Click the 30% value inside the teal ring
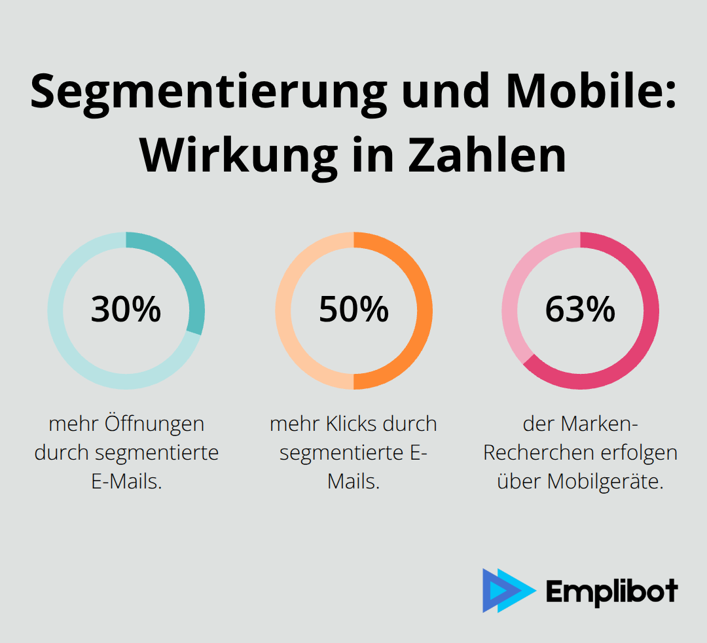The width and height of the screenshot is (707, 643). [126, 310]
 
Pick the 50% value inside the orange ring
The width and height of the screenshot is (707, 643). [353, 310]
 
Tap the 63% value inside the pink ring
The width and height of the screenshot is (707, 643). [580, 310]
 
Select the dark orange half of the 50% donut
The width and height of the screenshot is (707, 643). [419, 310]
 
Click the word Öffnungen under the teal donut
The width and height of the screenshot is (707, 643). [154, 424]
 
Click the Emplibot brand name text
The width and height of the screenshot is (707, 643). [611, 592]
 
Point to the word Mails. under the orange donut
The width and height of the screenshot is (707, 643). [353, 482]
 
